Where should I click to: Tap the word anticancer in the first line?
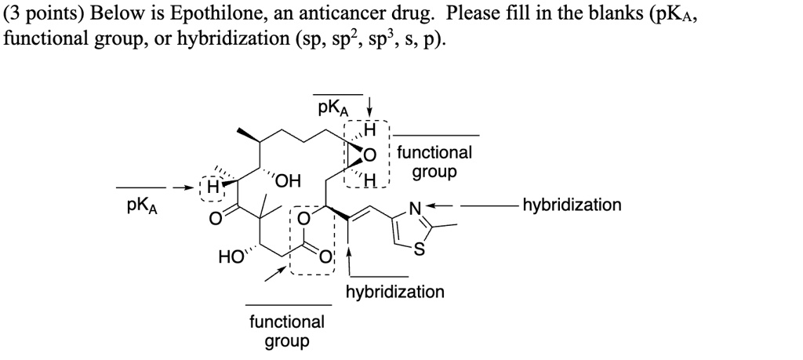pos(335,13)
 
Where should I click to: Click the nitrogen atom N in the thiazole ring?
pos(415,207)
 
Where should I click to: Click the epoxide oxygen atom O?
pos(369,155)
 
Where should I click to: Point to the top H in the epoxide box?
pos(369,130)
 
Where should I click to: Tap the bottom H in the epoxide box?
pos(370,180)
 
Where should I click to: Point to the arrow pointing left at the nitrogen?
pos(439,205)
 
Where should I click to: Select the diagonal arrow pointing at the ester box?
pos(275,273)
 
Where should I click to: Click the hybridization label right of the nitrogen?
pos(571,205)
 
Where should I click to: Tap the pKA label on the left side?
pos(142,206)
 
